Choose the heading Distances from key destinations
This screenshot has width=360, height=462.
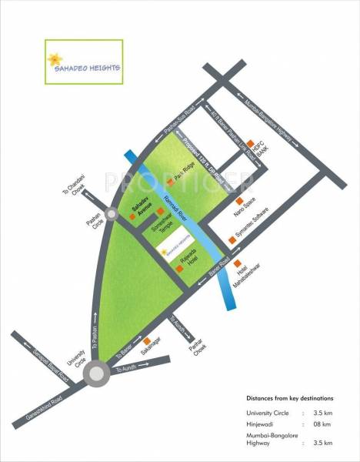(x=288, y=399)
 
